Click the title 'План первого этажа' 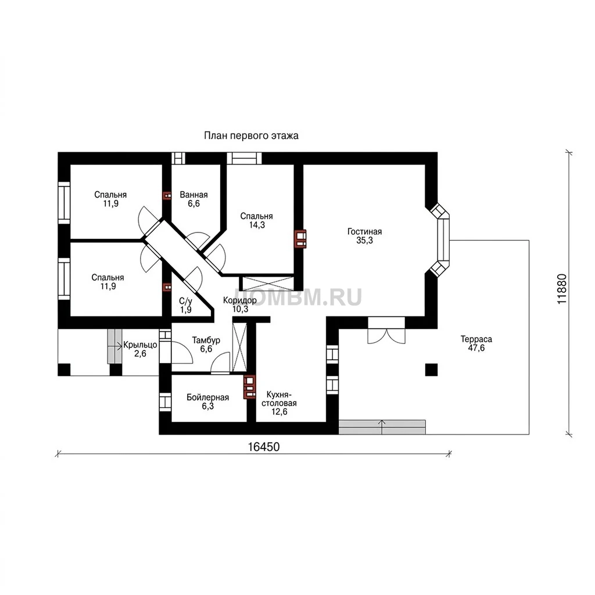[x=251, y=135]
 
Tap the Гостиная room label [x=365, y=231]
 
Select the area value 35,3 [x=365, y=241]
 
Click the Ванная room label [x=194, y=195]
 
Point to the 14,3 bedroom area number [x=257, y=225]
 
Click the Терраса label [x=476, y=339]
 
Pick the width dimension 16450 [x=264, y=447]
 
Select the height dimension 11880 [x=562, y=289]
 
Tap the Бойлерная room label [x=208, y=397]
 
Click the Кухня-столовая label [x=279, y=399]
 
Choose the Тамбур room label [x=206, y=340]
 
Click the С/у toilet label [x=185, y=302]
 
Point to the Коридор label [x=240, y=300]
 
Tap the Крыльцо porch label [x=140, y=345]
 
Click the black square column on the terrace [x=431, y=370]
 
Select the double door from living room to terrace [x=386, y=331]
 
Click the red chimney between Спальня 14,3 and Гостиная [x=300, y=239]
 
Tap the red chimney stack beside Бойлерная [x=250, y=387]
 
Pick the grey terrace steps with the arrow [x=382, y=427]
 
